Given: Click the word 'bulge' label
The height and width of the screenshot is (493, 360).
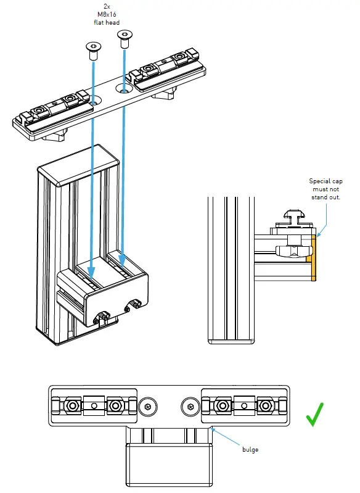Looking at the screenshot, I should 250,450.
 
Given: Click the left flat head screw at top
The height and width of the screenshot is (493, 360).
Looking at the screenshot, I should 93,51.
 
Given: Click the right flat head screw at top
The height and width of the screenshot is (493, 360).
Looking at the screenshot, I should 124,43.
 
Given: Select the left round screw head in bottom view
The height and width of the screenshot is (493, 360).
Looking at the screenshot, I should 148,406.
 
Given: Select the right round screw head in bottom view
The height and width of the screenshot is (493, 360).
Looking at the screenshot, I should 190,406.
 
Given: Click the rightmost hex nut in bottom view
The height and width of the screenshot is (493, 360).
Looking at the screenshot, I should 265,405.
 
